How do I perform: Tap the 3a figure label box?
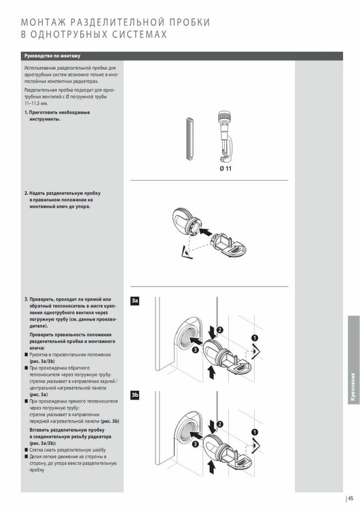[x=134, y=300]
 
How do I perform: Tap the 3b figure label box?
[x=134, y=394]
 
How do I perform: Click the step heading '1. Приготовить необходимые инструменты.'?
[x=58, y=115]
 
